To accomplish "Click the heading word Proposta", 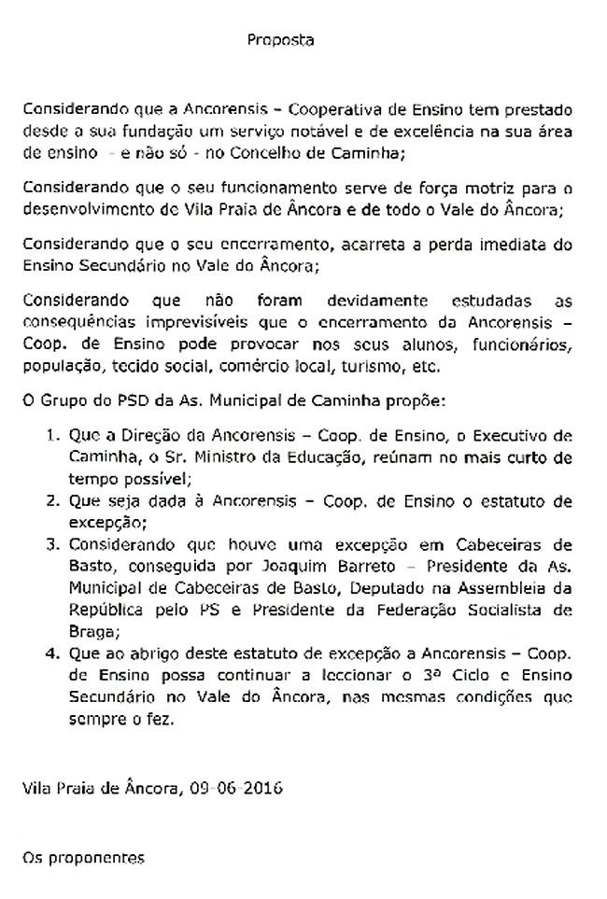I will tap(281, 40).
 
